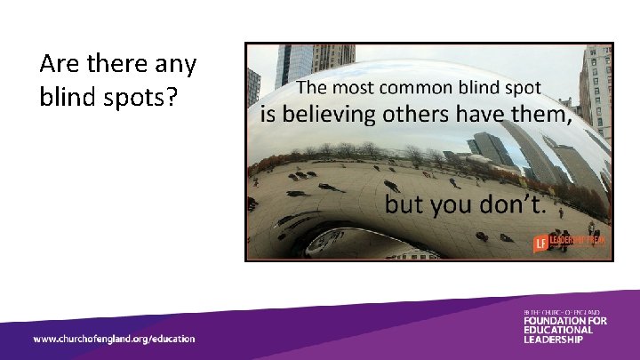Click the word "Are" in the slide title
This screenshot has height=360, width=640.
coord(60,65)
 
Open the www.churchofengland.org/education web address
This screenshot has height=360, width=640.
coord(114,339)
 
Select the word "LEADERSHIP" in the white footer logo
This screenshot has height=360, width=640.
coord(553,340)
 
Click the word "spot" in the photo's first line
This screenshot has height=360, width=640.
coord(527,88)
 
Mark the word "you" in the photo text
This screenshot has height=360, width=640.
coord(452,207)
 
